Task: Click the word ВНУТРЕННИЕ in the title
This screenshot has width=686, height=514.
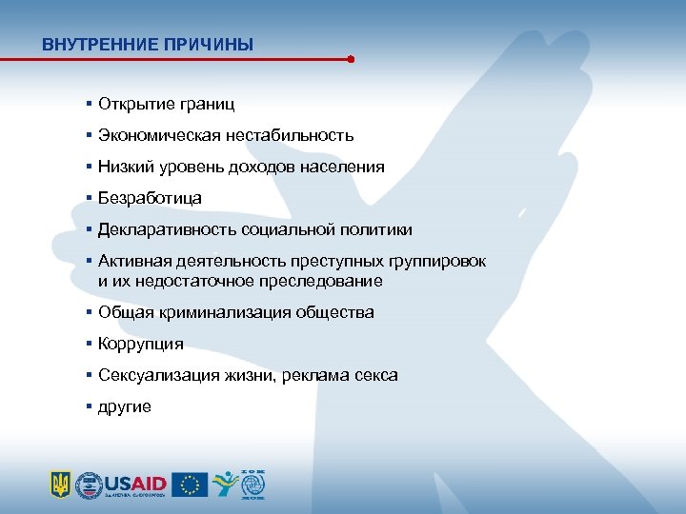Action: pos(91,44)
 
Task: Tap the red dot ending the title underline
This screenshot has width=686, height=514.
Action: pos(351,59)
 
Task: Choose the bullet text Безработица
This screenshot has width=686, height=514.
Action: pos(150,198)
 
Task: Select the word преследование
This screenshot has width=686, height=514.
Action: pos(324,281)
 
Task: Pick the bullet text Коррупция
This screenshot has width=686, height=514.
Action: pos(141,344)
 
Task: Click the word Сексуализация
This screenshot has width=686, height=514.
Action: pos(155,375)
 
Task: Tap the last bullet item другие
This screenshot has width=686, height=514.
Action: pos(124,406)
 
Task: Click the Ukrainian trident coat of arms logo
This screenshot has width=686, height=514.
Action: pos(61,484)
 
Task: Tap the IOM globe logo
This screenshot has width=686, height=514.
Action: pos(252,484)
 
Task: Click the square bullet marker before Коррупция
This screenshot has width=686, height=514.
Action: pos(87,344)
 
